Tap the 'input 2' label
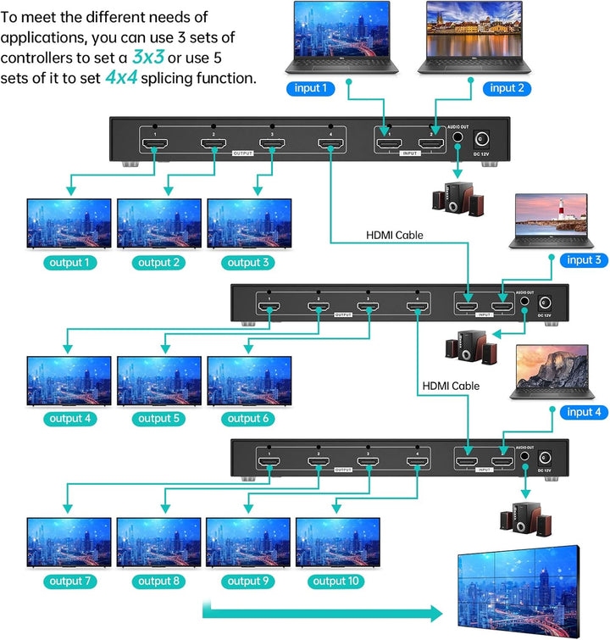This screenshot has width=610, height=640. pos(508,87)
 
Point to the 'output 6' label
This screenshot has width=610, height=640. pos(249,418)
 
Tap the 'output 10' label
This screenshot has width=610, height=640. pos(336,581)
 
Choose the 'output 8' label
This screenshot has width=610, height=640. pos(159,581)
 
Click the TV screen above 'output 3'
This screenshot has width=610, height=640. pos(249,222)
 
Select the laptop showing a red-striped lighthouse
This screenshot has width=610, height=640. pos(548,220)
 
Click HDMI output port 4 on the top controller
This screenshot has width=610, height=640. pos(330,143)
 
